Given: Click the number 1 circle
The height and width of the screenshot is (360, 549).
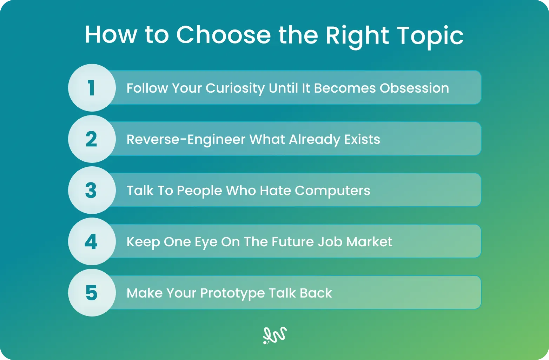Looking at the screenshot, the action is (x=92, y=88).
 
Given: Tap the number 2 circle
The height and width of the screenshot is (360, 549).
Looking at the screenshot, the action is (x=92, y=139).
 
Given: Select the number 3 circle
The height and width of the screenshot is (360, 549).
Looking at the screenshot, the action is (x=92, y=190).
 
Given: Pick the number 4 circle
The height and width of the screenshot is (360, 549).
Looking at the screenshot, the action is (x=92, y=241).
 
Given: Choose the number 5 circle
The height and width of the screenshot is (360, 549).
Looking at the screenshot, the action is (x=92, y=293).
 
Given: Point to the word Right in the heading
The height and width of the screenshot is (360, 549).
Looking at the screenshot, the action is (x=357, y=37).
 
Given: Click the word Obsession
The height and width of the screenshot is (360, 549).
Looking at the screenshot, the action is (x=415, y=88).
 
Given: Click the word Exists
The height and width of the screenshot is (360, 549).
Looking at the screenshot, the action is (x=362, y=139).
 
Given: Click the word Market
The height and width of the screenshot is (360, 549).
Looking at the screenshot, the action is (x=369, y=242).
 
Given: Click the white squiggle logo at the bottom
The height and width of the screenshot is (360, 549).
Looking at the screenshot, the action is (x=275, y=335).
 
